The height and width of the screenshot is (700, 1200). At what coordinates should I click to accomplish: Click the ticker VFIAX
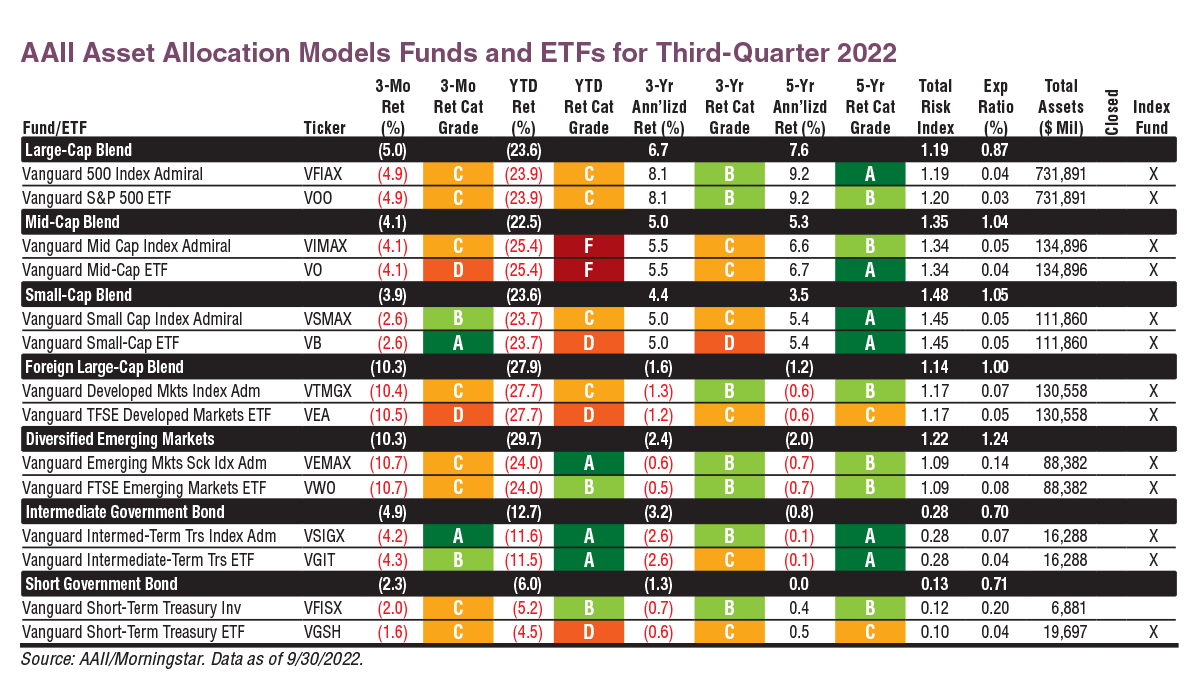[x=324, y=174]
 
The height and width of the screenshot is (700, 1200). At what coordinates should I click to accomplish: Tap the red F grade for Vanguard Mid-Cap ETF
[x=588, y=270]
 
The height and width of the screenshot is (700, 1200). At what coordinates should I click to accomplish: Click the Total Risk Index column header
[x=936, y=107]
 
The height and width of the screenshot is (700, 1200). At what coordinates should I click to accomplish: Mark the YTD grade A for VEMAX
[x=588, y=463]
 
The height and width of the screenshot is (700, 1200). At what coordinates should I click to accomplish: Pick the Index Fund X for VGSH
[x=1153, y=632]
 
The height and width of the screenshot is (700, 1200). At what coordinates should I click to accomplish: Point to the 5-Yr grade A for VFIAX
[x=870, y=174]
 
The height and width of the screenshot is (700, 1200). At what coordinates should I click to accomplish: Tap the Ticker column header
[x=325, y=128]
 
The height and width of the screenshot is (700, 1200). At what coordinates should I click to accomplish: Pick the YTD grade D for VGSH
[x=588, y=632]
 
